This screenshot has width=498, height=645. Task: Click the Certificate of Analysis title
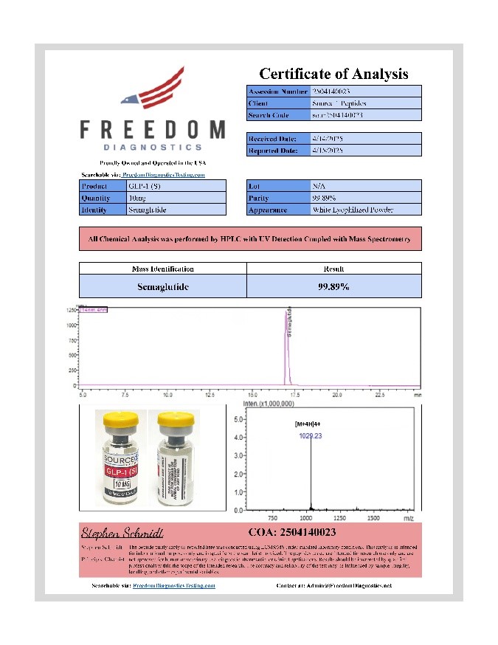point(333,74)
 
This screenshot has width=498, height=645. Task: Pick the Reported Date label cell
point(274,151)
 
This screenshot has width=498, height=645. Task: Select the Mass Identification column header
point(162,269)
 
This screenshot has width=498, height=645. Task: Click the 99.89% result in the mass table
point(333,286)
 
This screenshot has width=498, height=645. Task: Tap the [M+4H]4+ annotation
point(310,425)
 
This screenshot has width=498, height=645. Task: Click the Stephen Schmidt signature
point(122,532)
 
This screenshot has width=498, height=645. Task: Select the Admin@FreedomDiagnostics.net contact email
point(334,585)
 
